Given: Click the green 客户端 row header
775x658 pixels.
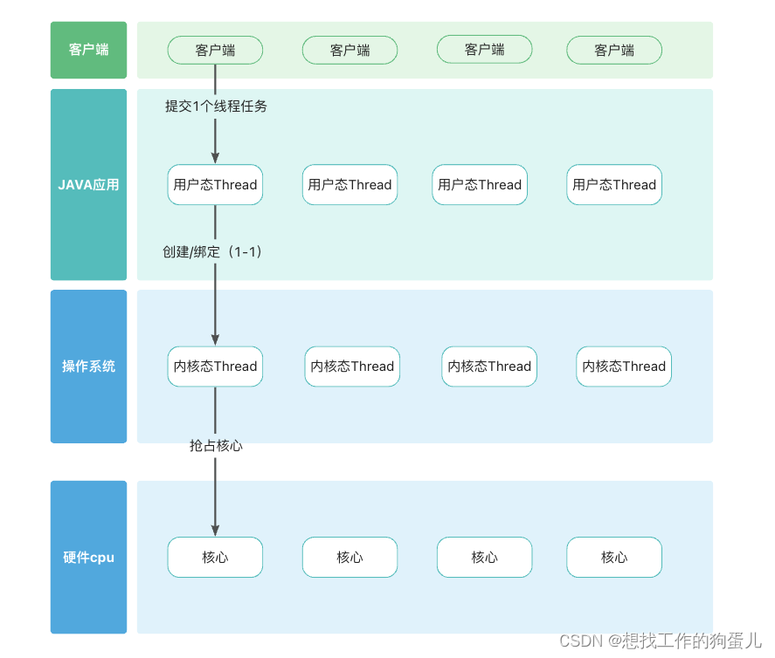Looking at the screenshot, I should coord(88,50).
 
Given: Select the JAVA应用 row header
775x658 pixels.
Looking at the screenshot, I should coord(88,184).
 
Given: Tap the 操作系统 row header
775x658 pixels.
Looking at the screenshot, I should coord(88,366).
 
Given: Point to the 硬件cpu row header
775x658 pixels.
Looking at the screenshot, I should coord(88,557).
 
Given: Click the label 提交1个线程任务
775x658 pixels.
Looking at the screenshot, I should coord(216,106).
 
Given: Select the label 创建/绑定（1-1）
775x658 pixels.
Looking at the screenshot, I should coord(212,251).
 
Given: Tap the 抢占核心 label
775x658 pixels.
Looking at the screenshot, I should coord(216,445).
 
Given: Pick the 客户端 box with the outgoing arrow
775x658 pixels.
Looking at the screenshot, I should coord(215,51).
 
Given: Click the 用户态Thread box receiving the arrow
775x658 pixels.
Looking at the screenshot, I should coord(215,185).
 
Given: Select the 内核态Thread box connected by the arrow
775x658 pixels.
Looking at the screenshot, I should coord(215,367).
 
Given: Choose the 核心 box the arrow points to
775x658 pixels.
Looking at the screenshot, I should coord(215,557).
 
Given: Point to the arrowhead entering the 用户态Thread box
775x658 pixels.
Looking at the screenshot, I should coord(215,159).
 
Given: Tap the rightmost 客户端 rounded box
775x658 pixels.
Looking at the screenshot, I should coord(614,51).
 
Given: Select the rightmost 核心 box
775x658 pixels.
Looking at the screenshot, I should coord(614,557).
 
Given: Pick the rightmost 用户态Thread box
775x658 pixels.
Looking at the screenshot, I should coord(614,185).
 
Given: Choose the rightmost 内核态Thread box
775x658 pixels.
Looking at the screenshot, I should coord(624,367).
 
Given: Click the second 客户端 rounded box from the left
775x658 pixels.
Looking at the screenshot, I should coord(349,51).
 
